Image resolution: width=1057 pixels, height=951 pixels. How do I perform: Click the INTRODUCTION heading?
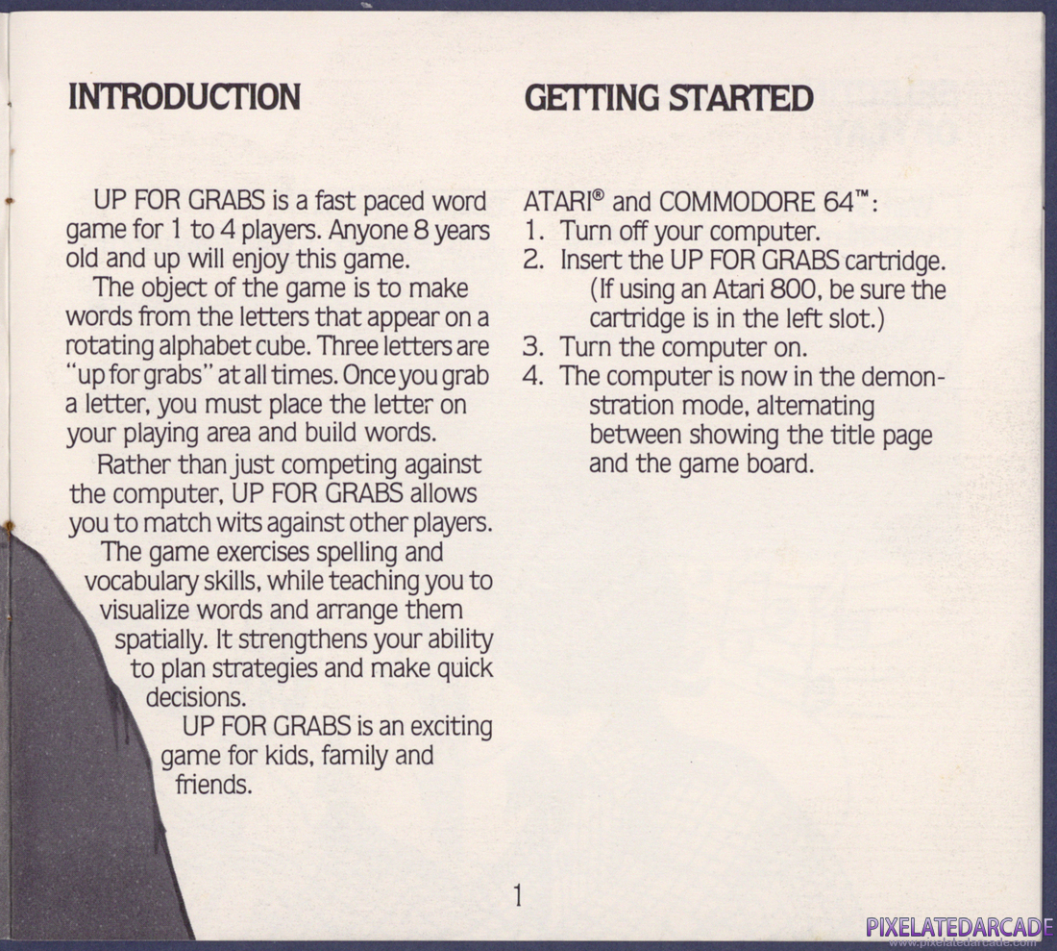coord(184,97)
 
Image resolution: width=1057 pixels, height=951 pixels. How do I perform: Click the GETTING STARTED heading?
coord(669,98)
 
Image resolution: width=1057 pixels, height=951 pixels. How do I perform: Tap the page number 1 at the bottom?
coord(518,895)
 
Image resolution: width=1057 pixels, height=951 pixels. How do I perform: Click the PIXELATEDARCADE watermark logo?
coord(960,927)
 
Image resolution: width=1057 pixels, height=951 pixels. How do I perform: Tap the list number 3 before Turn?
coord(532,347)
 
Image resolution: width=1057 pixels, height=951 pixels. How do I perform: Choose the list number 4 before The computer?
coord(532,376)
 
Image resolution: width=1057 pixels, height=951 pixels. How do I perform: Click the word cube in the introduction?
coord(283,346)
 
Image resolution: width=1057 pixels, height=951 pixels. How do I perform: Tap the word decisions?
coord(195,697)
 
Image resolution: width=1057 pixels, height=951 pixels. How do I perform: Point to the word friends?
coord(213,785)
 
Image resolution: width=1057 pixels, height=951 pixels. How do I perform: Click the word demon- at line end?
coord(907,376)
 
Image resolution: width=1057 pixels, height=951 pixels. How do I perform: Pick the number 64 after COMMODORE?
coord(838,202)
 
